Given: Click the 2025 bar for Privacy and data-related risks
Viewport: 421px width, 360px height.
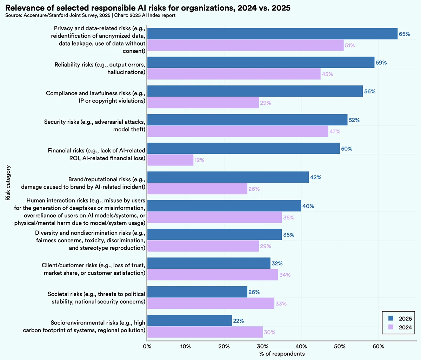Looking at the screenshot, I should pyautogui.click(x=272, y=34).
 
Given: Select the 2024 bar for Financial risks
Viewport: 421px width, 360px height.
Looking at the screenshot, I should pyautogui.click(x=170, y=160).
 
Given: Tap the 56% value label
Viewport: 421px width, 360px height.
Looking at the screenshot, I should pyautogui.click(x=370, y=91).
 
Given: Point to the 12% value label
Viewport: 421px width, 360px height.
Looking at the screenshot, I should pyautogui.click(x=199, y=160).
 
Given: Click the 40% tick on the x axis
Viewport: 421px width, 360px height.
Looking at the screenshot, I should pyautogui.click(x=301, y=346).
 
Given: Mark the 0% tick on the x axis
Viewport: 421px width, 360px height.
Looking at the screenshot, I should pyautogui.click(x=147, y=346).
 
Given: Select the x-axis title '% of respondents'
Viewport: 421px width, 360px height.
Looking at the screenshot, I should pyautogui.click(x=282, y=354).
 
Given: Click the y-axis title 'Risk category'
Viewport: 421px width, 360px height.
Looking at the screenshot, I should pyautogui.click(x=8, y=183).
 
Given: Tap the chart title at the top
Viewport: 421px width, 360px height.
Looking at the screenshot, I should pyautogui.click(x=148, y=8).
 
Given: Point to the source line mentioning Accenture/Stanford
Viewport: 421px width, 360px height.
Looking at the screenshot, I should pyautogui.click(x=91, y=15).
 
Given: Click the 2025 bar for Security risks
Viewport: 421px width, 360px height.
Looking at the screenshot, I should pyautogui.click(x=247, y=120).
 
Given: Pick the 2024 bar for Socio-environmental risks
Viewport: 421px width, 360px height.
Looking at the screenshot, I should pyautogui.click(x=205, y=332).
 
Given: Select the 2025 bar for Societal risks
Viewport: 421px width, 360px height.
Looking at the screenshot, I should pyautogui.click(x=197, y=292).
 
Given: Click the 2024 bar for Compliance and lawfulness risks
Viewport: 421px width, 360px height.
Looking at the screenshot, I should pyautogui.click(x=203, y=103).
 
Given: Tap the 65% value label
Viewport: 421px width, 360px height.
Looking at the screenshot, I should pyautogui.click(x=404, y=34).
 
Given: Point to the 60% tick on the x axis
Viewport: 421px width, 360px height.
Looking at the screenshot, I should pyautogui.click(x=378, y=346).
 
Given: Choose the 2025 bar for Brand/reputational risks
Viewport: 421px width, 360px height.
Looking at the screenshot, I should pyautogui.click(x=228, y=177).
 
